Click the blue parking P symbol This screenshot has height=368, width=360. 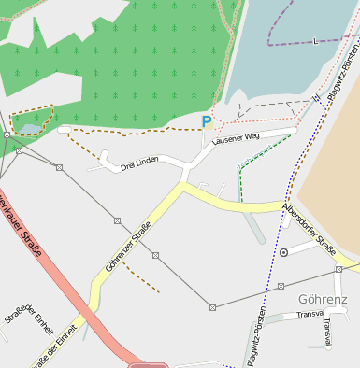(x=207, y=120)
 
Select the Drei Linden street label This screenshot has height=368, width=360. (x=139, y=164)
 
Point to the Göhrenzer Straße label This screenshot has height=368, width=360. (x=128, y=247)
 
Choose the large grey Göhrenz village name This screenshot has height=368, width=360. (x=323, y=300)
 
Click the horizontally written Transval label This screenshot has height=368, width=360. (x=310, y=315)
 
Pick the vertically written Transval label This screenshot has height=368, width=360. (x=326, y=332)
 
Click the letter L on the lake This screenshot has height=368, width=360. (x=315, y=41)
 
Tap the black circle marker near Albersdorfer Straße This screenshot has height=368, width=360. (x=283, y=252)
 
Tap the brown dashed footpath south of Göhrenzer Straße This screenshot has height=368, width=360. (x=140, y=276)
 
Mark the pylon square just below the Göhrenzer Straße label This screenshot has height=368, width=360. (x=155, y=255)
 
